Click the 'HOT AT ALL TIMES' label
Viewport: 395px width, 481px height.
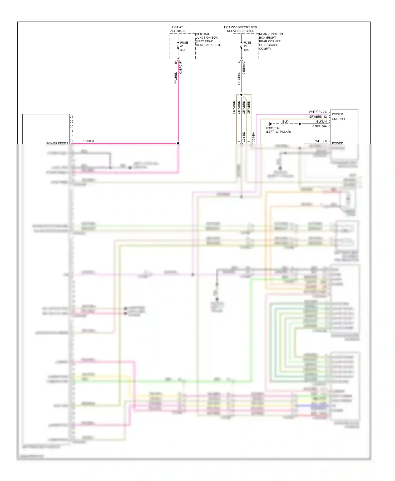pyautogui.click(x=178, y=29)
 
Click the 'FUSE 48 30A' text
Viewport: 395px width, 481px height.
pyautogui.click(x=184, y=46)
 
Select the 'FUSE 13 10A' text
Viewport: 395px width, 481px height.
pyautogui.click(x=247, y=46)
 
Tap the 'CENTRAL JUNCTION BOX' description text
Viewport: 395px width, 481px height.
pyautogui.click(x=208, y=39)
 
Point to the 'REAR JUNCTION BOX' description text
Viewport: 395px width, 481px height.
pyautogui.click(x=270, y=41)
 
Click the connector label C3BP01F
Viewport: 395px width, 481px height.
pyautogui.click(x=181, y=68)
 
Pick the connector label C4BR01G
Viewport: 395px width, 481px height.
pyautogui.click(x=244, y=68)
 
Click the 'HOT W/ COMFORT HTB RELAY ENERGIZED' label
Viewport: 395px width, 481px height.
pyautogui.click(x=240, y=29)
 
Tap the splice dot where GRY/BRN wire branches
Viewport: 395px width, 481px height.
pyautogui.click(x=241, y=95)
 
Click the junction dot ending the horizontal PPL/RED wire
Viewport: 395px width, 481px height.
pyautogui.click(x=178, y=143)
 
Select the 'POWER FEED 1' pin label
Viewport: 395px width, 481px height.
pyautogui.click(x=57, y=143)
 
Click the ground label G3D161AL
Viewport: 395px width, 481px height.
pyautogui.click(x=273, y=128)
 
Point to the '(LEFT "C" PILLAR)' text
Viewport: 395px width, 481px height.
pyautogui.click(x=278, y=132)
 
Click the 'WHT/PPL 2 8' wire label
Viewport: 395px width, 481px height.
pyautogui.click(x=318, y=112)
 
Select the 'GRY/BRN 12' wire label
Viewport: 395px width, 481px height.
pyautogui.click(x=318, y=117)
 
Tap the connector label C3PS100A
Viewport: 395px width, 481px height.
pyautogui.click(x=319, y=126)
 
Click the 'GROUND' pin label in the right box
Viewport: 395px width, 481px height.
pyautogui.click(x=338, y=119)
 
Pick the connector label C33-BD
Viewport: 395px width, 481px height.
pyautogui.click(x=244, y=137)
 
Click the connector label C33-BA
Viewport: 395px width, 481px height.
pyautogui.click(x=253, y=137)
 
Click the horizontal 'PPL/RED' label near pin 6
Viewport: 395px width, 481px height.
pyautogui.click(x=88, y=141)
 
